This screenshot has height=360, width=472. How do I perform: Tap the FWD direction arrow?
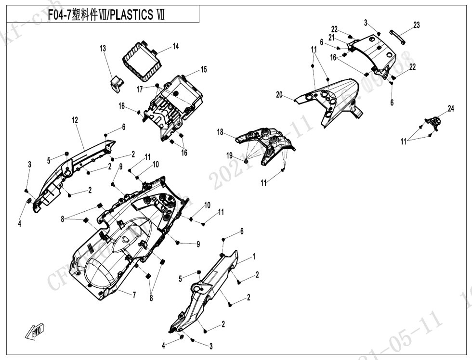pyautogui.click(x=35, y=332)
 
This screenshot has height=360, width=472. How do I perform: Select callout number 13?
pyautogui.click(x=103, y=48)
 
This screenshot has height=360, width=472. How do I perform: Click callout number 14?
pyautogui.click(x=176, y=46)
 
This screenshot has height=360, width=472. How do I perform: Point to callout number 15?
pyautogui.click(x=204, y=70)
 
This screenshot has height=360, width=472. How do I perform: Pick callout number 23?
pyautogui.click(x=417, y=25)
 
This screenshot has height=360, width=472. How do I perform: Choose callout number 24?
pyautogui.click(x=451, y=109)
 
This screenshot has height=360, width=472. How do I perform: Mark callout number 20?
pyautogui.click(x=279, y=95)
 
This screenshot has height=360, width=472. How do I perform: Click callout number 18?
pyautogui.click(x=220, y=132)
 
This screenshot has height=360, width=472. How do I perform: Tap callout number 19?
pyautogui.click(x=230, y=155)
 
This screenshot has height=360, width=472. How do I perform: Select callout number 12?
pyautogui.click(x=75, y=120)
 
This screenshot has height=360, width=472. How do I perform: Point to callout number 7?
pyautogui.click(x=134, y=295)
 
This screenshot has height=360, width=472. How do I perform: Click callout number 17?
pyautogui.click(x=139, y=89)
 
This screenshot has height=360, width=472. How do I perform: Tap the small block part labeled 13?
pyautogui.click(x=116, y=82)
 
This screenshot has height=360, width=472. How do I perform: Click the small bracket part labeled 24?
pyautogui.click(x=433, y=123)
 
